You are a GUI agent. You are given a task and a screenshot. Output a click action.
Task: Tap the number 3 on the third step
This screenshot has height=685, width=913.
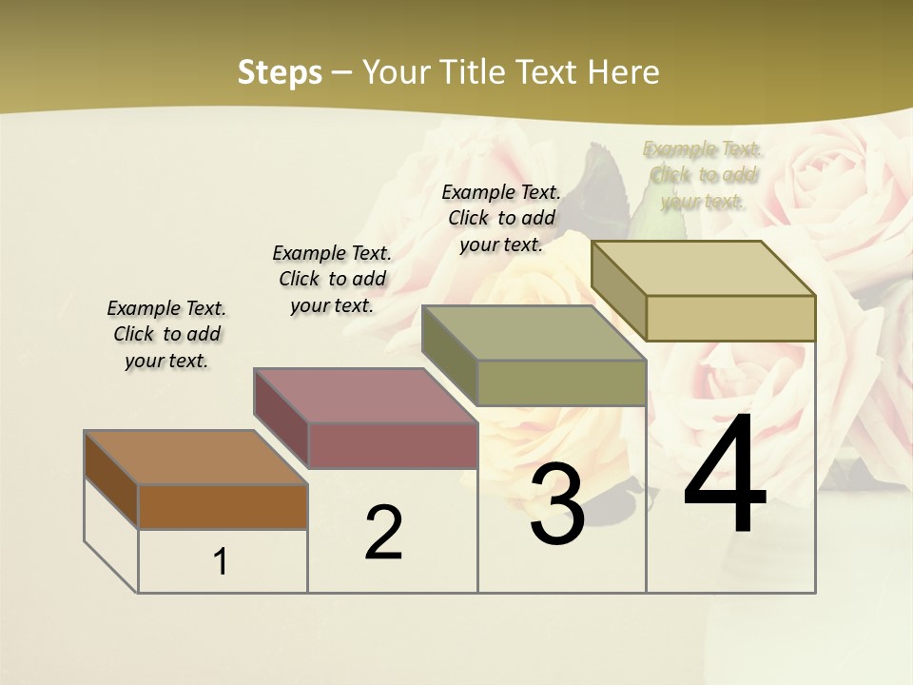tap(556, 504)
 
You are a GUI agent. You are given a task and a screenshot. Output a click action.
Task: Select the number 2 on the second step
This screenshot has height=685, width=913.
tap(383, 533)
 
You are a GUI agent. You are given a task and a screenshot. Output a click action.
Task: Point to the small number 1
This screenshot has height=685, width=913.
tap(220, 562)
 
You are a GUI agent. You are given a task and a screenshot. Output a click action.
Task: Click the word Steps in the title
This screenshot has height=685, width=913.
tap(280, 71)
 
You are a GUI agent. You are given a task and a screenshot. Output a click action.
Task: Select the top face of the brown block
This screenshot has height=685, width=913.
tap(196, 458)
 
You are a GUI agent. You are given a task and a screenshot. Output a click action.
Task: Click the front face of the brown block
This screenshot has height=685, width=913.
tap(223, 506)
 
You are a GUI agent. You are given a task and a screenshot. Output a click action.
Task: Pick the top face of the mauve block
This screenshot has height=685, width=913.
tap(365, 395)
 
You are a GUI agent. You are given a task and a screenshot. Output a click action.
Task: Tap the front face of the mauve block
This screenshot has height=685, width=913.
tap(392, 445)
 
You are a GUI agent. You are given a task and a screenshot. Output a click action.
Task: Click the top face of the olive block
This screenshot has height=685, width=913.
tap(534, 333)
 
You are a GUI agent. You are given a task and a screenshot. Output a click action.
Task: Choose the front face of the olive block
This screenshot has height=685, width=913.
tap(561, 382)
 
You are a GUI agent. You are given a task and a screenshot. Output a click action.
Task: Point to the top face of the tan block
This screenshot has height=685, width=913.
tap(704, 268)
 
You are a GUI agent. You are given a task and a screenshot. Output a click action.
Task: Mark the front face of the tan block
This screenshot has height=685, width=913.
tap(730, 318)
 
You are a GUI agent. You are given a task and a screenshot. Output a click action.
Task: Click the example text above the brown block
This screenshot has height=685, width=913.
tap(166, 334)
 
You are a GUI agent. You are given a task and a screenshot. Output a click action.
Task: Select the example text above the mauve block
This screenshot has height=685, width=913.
tap(332, 279)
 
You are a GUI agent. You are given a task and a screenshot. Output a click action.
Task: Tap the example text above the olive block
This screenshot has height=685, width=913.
tap(501, 218)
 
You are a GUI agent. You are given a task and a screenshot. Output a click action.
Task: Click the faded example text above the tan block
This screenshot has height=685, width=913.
tap(703, 175)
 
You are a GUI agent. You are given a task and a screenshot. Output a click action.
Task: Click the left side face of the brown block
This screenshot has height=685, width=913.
tap(111, 479)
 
